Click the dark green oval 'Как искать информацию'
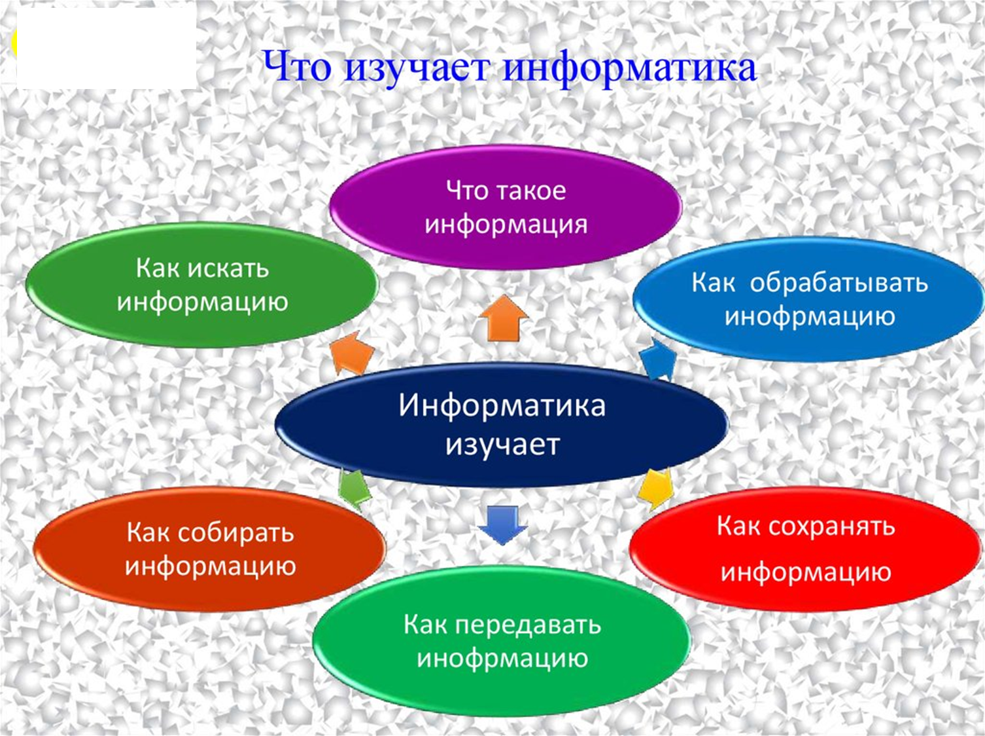[202, 285]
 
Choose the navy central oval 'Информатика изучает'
[502, 425]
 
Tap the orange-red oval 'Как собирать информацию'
[210, 549]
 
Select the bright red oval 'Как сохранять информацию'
[806, 549]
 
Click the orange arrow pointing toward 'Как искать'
[351, 353]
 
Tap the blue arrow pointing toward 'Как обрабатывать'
[657, 359]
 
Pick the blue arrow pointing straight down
[502, 525]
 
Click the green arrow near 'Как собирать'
[355, 490]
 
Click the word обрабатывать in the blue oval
[838, 284]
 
